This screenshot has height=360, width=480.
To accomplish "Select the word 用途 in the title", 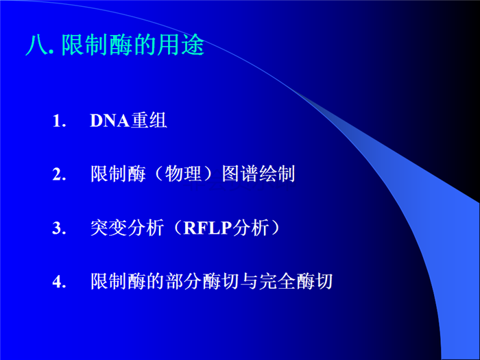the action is [180, 45].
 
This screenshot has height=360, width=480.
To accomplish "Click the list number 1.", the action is [59, 121].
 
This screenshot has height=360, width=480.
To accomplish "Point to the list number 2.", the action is [59, 174].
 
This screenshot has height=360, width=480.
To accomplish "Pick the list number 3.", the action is [59, 228].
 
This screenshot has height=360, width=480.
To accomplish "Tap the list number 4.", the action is [59, 282].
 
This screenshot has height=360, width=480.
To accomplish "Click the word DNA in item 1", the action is [110, 120].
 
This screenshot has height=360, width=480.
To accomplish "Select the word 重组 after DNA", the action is [149, 120].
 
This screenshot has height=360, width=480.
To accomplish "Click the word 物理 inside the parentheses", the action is [183, 174].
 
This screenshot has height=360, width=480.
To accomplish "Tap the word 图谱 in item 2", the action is [240, 174].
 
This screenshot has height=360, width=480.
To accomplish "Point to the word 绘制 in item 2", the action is [277, 174].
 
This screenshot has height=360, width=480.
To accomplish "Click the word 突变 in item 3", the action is [108, 228].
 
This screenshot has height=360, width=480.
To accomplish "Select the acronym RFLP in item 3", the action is [208, 228].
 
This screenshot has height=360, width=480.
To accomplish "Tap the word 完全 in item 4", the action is [277, 281].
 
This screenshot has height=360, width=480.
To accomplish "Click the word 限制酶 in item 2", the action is [118, 174].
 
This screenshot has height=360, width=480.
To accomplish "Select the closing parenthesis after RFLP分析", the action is [275, 228].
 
